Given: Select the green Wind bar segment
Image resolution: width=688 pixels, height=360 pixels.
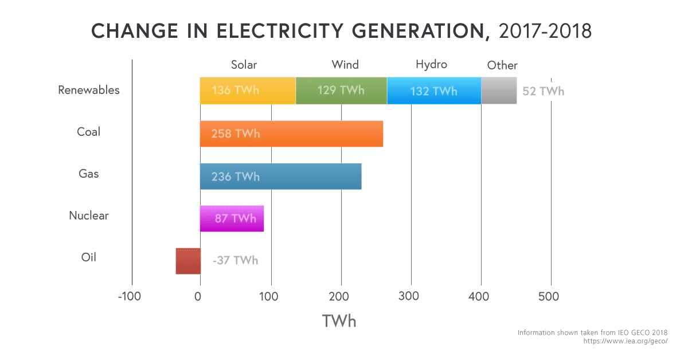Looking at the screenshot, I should pyautogui.click(x=341, y=91).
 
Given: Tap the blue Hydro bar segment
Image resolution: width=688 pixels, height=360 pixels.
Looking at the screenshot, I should pyautogui.click(x=434, y=91).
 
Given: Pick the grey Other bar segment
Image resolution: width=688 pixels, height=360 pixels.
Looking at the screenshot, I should pyautogui.click(x=499, y=91).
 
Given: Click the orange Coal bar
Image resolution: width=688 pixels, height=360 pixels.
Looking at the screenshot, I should pyautogui.click(x=291, y=134).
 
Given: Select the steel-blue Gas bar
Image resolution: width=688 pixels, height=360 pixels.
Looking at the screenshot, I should pyautogui.click(x=281, y=176).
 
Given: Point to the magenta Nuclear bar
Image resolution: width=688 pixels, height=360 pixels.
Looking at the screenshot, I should pyautogui.click(x=232, y=218).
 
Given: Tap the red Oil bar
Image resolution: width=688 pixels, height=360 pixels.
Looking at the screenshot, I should pyautogui.click(x=188, y=261).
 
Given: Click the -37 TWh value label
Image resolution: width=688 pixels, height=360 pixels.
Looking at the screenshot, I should pyautogui.click(x=235, y=261).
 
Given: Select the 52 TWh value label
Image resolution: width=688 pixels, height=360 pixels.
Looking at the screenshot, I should pyautogui.click(x=543, y=91).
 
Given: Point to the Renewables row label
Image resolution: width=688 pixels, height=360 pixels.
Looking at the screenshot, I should pyautogui.click(x=89, y=90).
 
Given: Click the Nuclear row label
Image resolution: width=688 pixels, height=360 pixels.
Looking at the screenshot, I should pyautogui.click(x=89, y=216).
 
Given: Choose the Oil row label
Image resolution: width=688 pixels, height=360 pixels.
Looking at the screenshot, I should pyautogui.click(x=89, y=257).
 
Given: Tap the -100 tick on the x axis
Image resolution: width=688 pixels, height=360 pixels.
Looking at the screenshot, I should pyautogui.click(x=130, y=296).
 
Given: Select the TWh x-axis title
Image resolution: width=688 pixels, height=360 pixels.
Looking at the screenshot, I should pyautogui.click(x=339, y=321).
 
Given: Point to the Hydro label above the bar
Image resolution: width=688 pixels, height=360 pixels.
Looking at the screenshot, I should pyautogui.click(x=431, y=64).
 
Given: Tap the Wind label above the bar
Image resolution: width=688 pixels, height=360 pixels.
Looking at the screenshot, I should pyautogui.click(x=345, y=64).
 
